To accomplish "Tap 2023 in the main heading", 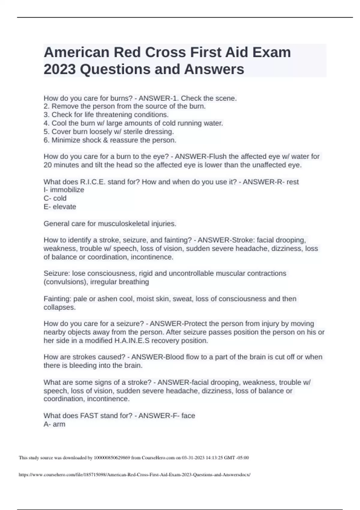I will pyautogui.click(x=60, y=69).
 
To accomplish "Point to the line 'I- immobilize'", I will pyautogui.click(x=64, y=190).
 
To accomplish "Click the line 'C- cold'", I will pyautogui.click(x=55, y=198).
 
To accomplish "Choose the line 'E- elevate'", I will pyautogui.click(x=60, y=207).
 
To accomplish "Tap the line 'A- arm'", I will pyautogui.click(x=54, y=424).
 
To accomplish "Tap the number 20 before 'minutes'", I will pyautogui.click(x=48, y=165).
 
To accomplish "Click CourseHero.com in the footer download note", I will pyautogui.click(x=158, y=458).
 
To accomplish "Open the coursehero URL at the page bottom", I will pyautogui.click(x=134, y=475).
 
